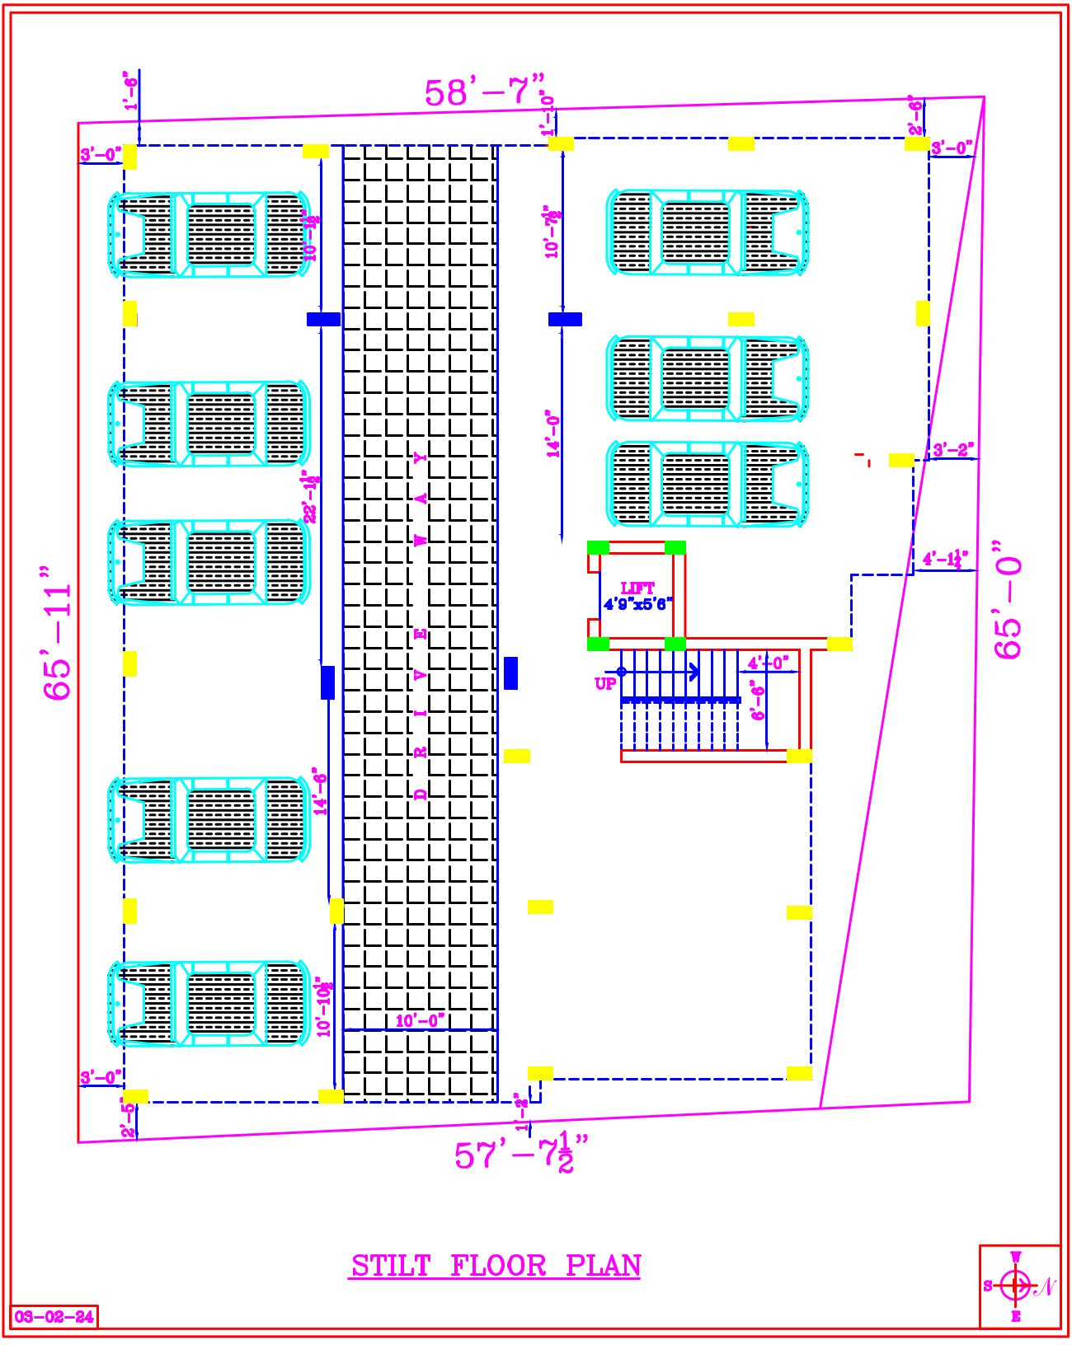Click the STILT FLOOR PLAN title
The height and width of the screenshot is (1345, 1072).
click(496, 1266)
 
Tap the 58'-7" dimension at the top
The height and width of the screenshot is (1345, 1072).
click(485, 91)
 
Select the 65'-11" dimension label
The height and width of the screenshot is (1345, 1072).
click(59, 633)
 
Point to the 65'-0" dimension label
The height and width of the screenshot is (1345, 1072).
click(1008, 600)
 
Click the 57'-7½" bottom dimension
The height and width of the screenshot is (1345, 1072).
click(522, 1153)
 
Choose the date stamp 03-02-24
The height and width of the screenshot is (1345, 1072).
click(54, 1316)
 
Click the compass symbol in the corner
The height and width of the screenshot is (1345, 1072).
click(1016, 1285)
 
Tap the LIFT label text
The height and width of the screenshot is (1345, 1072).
click(637, 588)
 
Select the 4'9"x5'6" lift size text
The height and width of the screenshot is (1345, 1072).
click(637, 604)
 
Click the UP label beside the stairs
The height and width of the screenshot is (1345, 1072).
click(605, 683)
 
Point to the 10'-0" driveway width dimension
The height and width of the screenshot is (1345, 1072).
click(420, 1021)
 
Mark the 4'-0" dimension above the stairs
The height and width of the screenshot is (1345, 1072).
click(768, 663)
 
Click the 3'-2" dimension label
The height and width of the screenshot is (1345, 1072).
click(952, 450)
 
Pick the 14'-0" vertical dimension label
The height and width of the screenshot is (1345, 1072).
click(553, 433)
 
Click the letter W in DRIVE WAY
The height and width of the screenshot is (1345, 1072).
click(421, 541)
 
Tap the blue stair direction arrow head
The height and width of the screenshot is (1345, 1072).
click(695, 672)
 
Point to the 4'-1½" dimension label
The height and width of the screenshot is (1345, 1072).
click(945, 560)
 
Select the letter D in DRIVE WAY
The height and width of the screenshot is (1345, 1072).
click(421, 794)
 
